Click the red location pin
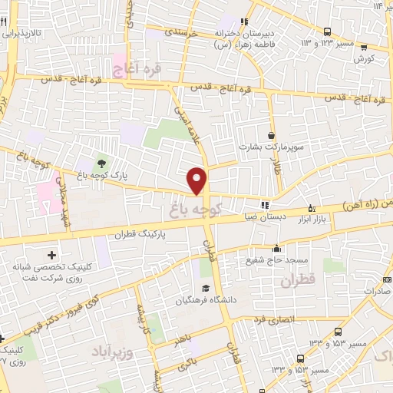(198, 180)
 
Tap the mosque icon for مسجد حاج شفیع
(276, 248)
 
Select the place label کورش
(364, 58)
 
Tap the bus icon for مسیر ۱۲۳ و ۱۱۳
(328, 32)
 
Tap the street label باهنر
(179, 337)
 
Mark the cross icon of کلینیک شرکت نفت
(51, 254)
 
